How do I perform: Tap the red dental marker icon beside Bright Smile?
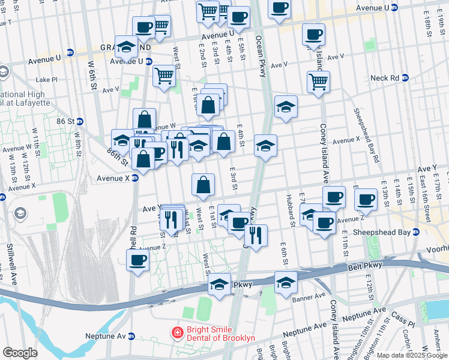click(177, 331)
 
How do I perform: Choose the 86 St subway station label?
click(66, 121)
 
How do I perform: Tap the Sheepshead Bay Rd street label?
click(366, 136)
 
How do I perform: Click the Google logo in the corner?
click(20, 353)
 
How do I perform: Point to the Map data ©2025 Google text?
click(412, 355)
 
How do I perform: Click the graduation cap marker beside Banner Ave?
click(286, 281)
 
